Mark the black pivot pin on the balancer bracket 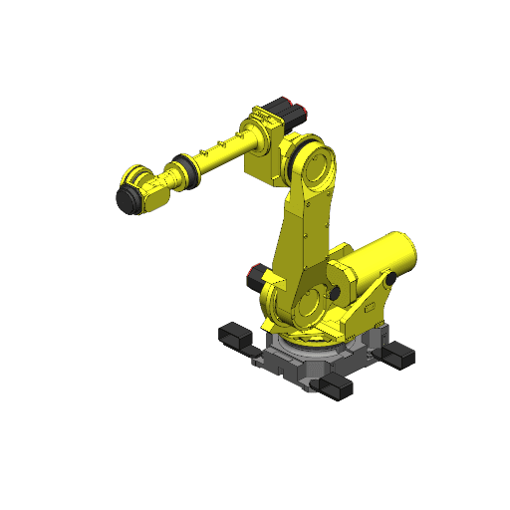(390, 282)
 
